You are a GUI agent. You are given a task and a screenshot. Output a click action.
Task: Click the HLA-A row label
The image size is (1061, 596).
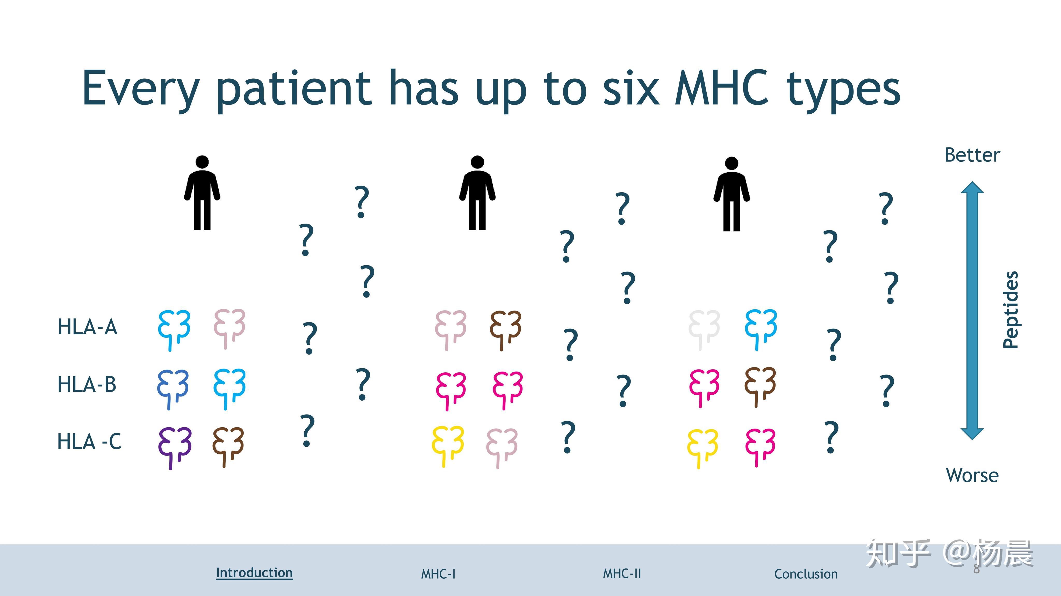click(87, 327)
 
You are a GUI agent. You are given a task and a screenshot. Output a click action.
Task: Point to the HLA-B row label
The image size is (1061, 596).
click(87, 384)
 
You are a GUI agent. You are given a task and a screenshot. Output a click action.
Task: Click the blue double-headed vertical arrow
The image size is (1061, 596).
click(972, 311)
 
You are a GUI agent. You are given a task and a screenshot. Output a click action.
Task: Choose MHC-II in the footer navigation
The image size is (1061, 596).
click(622, 573)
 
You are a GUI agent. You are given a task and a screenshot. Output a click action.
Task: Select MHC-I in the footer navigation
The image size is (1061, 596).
click(438, 574)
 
